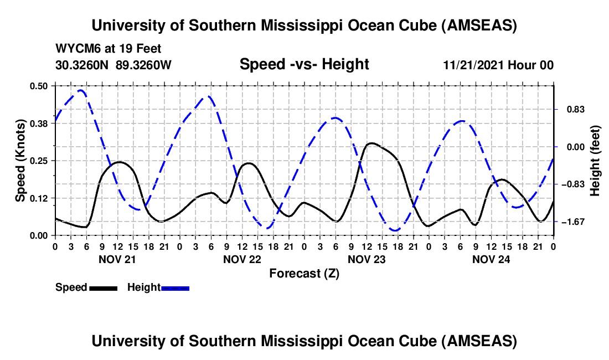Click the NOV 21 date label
click(x=117, y=259)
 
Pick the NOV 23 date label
click(x=367, y=259)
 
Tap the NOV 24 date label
click(x=491, y=259)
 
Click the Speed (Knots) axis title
click(x=20, y=160)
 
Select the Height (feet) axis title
click(x=595, y=160)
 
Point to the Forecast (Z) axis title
click(x=304, y=273)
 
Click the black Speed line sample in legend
click(x=103, y=287)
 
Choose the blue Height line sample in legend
click(x=175, y=287)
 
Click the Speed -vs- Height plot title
click(x=304, y=65)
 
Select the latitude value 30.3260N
click(x=83, y=65)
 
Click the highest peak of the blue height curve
click(x=81, y=90)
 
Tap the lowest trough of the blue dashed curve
click(x=395, y=230)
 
